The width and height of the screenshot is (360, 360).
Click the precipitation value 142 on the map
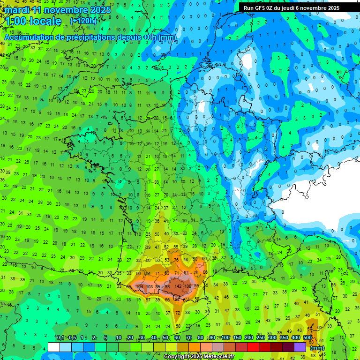pyautogui.click(x=178, y=286)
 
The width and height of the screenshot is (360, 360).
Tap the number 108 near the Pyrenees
pyautogui.click(x=187, y=286)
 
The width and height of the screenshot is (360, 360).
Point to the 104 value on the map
pyautogui.click(x=139, y=286)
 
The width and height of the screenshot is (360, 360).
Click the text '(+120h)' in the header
pyautogui.click(x=83, y=21)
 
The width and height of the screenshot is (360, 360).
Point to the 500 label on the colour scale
pyautogui.click(x=307, y=338)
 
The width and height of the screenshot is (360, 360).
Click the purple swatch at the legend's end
pyautogui.click(x=300, y=347)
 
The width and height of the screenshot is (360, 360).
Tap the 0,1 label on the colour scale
pyautogui.click(x=60, y=338)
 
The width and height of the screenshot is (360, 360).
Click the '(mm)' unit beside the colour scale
pyautogui.click(x=317, y=348)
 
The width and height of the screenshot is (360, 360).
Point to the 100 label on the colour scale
pyautogui.click(x=225, y=338)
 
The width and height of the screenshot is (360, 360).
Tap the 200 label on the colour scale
pyautogui.click(x=249, y=338)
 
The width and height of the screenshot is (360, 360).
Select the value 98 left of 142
pyautogui.click(x=167, y=286)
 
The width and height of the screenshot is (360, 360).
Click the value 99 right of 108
pyautogui.click(x=196, y=286)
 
